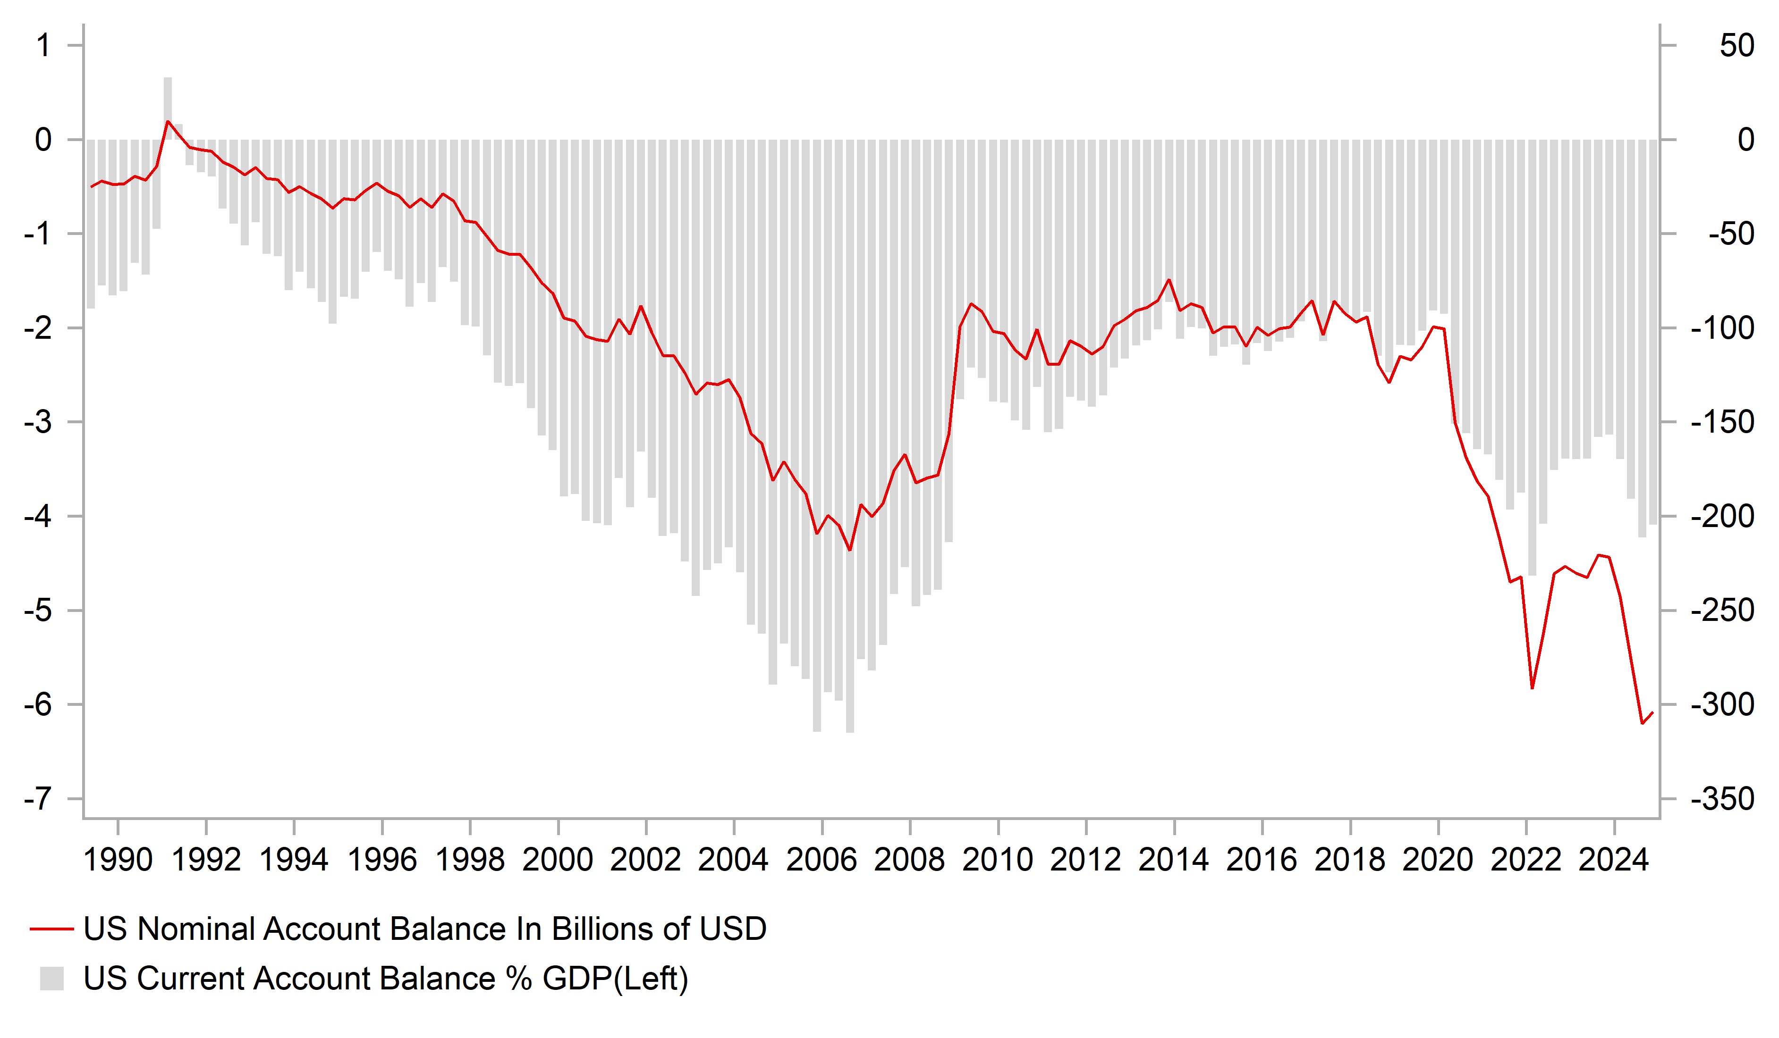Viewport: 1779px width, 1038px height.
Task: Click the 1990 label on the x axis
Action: (118, 860)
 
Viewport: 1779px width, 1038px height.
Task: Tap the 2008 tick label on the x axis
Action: (909, 860)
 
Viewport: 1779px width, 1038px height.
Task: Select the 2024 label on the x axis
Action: (1614, 860)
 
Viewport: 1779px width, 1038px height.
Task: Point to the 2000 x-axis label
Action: (558, 860)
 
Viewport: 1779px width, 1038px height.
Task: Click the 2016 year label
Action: (1262, 860)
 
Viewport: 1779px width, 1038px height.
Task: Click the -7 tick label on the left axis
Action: (38, 799)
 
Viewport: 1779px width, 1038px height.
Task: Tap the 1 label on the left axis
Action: (44, 46)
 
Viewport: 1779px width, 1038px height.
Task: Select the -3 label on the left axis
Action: (38, 422)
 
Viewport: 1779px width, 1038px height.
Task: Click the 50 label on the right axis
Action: (1737, 46)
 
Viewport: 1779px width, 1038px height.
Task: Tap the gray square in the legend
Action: (51, 979)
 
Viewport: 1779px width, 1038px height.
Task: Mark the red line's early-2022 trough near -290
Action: (1532, 688)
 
